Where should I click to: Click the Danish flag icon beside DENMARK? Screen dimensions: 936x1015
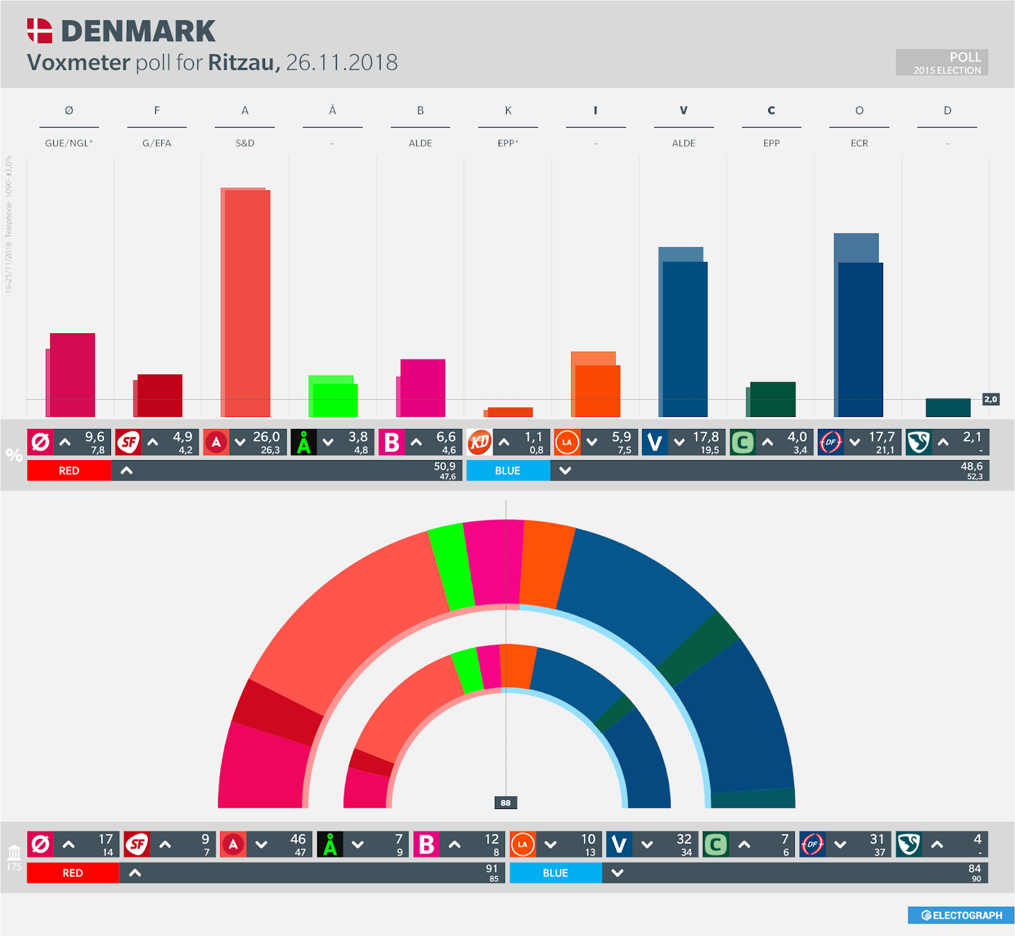tap(39, 30)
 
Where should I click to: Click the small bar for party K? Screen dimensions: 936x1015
tap(509, 412)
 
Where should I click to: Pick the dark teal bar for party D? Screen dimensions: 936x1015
tap(948, 407)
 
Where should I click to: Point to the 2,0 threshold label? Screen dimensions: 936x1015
tap(990, 399)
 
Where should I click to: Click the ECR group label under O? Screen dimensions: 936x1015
tap(859, 143)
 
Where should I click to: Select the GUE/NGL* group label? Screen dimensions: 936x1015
tap(69, 143)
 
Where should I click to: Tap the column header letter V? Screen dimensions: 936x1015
tap(683, 110)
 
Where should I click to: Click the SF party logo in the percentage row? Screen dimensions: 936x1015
tap(128, 442)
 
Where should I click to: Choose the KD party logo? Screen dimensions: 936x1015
tap(480, 442)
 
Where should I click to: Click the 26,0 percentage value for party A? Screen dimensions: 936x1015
tap(266, 437)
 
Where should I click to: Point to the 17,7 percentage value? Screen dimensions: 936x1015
tap(882, 437)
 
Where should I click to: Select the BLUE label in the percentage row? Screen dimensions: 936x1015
tap(507, 471)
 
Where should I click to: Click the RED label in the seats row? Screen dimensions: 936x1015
tap(72, 873)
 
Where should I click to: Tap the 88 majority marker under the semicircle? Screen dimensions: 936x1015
tap(506, 803)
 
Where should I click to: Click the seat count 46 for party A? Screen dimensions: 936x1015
tap(298, 839)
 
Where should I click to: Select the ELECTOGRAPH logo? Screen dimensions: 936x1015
tap(962, 915)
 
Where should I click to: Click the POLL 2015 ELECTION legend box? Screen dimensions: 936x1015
tap(941, 63)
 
